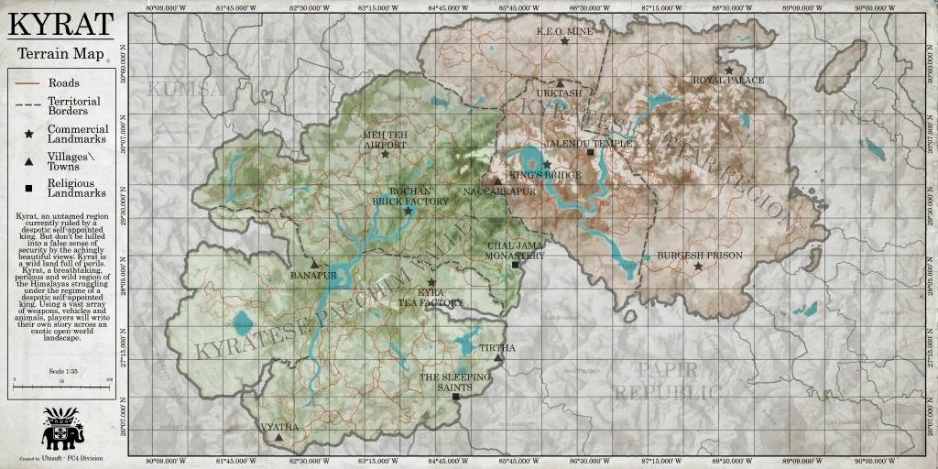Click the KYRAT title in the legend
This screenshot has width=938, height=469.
(x=61, y=24)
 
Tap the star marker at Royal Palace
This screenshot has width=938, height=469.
(x=729, y=70)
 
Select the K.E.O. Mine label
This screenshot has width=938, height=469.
(x=564, y=30)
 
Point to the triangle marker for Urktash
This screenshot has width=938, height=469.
(x=560, y=83)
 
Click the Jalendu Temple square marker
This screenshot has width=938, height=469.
(x=590, y=153)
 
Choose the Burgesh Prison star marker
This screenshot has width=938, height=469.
(x=699, y=266)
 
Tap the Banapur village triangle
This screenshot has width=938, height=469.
(x=314, y=264)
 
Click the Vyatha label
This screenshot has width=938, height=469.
(x=279, y=427)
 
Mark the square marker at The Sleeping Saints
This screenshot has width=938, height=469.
(x=455, y=397)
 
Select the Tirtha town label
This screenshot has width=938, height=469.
(x=497, y=348)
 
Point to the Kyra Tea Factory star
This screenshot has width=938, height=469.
(x=431, y=282)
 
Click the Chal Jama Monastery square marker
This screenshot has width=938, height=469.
(x=515, y=265)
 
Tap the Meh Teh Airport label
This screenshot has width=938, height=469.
(x=385, y=139)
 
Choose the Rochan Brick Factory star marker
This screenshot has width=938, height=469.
(x=409, y=211)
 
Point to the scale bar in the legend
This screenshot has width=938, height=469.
(x=61, y=378)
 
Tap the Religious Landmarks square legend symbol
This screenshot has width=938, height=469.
(x=29, y=189)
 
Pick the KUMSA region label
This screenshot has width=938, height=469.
(x=184, y=89)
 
